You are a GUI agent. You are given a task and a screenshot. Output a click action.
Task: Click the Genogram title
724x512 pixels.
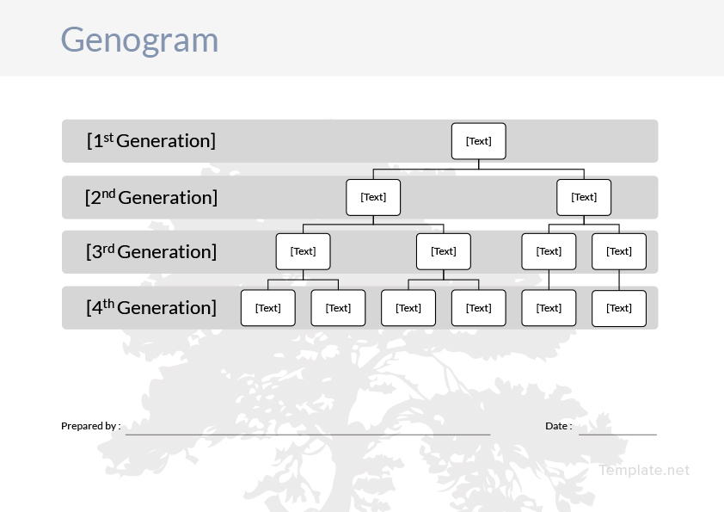[139, 40]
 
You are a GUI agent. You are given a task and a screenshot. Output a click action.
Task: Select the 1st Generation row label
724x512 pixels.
[151, 140]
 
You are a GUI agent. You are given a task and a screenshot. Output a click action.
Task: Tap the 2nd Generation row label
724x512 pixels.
[151, 197]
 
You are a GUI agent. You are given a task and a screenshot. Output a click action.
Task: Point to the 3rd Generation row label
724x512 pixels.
[151, 251]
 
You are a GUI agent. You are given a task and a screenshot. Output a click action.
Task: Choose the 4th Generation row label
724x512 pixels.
[151, 307]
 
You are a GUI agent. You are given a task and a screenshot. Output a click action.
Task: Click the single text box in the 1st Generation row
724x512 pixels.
[479, 141]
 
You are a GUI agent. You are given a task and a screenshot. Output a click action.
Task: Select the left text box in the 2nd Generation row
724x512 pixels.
[373, 197]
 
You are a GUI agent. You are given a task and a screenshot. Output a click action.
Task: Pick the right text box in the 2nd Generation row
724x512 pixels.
[584, 197]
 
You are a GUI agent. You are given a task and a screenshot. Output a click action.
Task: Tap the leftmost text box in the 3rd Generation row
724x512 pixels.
[303, 251]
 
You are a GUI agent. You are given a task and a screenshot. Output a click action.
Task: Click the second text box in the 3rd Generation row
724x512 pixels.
[444, 251]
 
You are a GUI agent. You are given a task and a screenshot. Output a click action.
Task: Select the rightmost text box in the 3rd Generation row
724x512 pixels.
[619, 251]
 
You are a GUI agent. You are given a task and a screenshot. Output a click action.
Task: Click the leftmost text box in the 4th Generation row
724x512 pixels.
[268, 308]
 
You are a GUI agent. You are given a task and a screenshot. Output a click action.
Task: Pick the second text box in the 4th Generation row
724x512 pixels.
[338, 308]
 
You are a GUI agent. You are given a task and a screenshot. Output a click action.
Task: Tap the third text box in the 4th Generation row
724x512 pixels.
[408, 308]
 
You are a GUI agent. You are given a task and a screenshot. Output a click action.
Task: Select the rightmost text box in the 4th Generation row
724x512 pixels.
[619, 308]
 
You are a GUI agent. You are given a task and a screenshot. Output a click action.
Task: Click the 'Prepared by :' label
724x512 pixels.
[90, 426]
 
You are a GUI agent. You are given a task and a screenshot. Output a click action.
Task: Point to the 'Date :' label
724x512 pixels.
[558, 426]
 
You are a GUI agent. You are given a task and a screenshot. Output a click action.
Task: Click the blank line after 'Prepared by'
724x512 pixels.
[308, 434]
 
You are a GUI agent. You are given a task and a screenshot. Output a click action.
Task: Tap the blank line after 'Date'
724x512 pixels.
[617, 434]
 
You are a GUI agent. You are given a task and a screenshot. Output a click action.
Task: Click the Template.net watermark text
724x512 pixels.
[644, 470]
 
